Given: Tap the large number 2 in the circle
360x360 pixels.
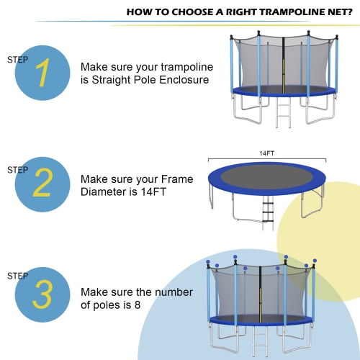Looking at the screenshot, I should tap(42, 183).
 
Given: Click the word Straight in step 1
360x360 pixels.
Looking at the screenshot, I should tap(109, 80).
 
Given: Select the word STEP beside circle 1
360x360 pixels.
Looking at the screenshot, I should tap(18, 60).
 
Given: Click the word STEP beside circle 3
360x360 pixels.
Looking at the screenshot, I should tap(18, 276).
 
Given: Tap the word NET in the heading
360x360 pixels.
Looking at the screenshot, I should tap(329, 12).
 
